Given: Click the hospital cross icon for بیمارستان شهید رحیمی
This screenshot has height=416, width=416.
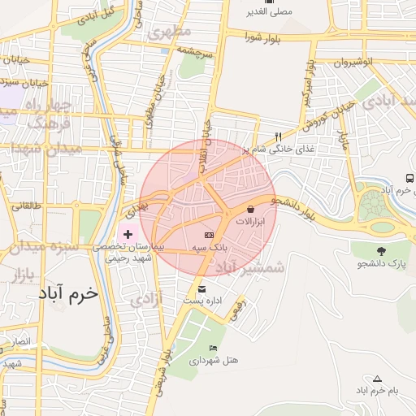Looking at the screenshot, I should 128,234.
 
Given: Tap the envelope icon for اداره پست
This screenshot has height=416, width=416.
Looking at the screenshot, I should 201,289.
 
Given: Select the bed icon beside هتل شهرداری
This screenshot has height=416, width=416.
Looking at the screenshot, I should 213,349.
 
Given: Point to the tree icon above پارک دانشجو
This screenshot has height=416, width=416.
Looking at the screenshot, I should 381,251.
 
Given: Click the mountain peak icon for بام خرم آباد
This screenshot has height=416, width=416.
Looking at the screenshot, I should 377,379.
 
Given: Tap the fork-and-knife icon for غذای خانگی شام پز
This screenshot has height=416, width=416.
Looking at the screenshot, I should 279,136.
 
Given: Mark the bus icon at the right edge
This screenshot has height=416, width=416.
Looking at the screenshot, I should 409,178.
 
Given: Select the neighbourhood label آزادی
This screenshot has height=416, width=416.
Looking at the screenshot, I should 146,300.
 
